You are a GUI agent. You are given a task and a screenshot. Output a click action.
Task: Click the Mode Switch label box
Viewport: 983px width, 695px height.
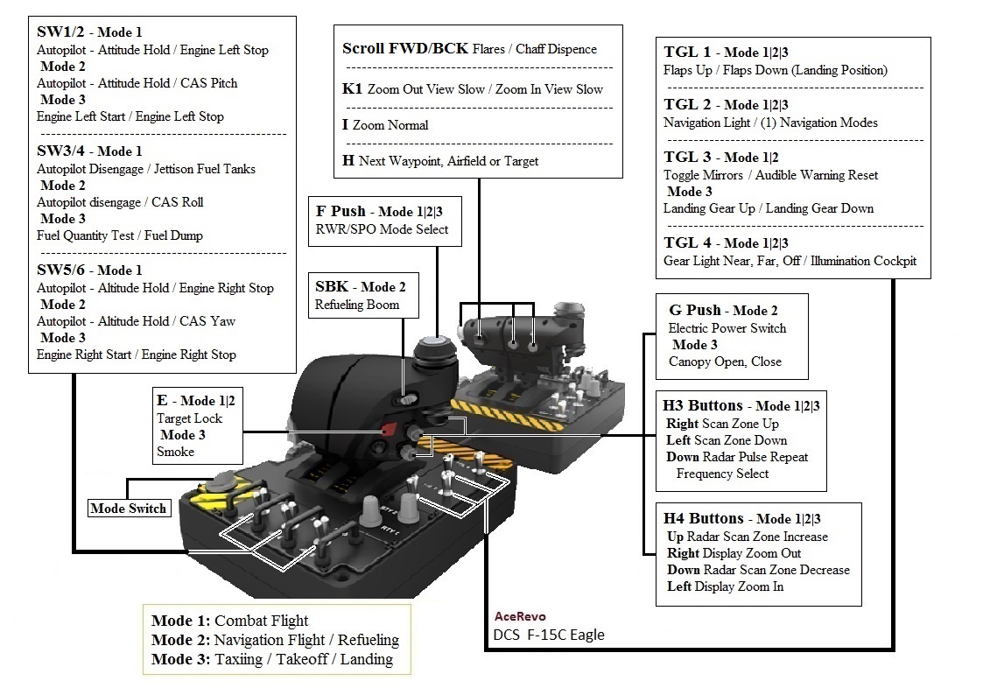click(x=129, y=509)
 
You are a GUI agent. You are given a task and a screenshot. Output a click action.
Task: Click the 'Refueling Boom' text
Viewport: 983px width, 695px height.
click(x=357, y=305)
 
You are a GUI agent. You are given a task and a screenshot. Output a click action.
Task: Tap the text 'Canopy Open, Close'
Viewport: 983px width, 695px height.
click(x=725, y=362)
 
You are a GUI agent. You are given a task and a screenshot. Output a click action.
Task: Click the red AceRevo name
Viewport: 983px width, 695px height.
click(x=520, y=616)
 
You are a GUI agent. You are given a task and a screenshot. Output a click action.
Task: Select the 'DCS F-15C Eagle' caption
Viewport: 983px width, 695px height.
click(x=549, y=635)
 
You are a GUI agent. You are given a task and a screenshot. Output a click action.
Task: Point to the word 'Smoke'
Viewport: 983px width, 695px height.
click(x=175, y=452)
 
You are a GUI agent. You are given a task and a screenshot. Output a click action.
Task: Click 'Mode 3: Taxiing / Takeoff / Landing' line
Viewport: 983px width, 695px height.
click(x=271, y=659)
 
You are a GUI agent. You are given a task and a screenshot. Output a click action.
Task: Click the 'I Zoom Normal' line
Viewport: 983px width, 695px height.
click(x=385, y=125)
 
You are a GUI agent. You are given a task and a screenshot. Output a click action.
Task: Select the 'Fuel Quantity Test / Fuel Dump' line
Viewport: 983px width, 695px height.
click(x=120, y=235)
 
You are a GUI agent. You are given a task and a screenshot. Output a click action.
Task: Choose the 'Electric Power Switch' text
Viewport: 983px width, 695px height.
click(x=727, y=328)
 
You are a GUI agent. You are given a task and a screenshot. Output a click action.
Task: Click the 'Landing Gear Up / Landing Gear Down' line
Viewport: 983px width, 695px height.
click(x=769, y=208)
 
